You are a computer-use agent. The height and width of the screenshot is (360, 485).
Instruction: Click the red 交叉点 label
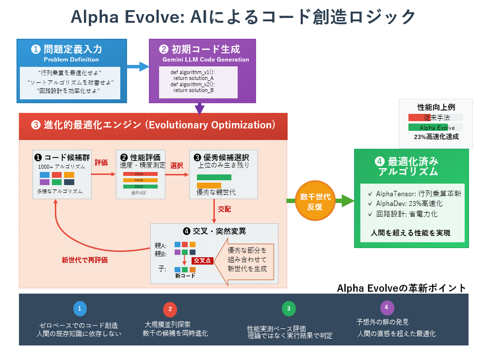click(202, 261)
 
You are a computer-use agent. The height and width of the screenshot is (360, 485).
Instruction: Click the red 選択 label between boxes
click(177, 165)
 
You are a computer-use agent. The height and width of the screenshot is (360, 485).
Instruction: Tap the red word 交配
click(225, 209)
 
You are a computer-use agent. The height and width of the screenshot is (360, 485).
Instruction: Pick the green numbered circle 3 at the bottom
click(289, 308)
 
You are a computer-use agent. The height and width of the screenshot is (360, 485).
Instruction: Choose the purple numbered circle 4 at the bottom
click(387, 307)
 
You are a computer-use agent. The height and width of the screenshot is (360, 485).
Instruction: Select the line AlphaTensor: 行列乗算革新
click(415, 194)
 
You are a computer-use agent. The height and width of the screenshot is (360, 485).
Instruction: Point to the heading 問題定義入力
click(73, 49)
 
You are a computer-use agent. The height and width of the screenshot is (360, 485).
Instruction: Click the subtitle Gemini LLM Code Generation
click(206, 60)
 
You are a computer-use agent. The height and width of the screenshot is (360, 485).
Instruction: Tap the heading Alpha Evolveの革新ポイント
click(402, 288)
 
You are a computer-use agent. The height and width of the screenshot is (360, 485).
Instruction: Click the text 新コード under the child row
click(185, 276)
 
